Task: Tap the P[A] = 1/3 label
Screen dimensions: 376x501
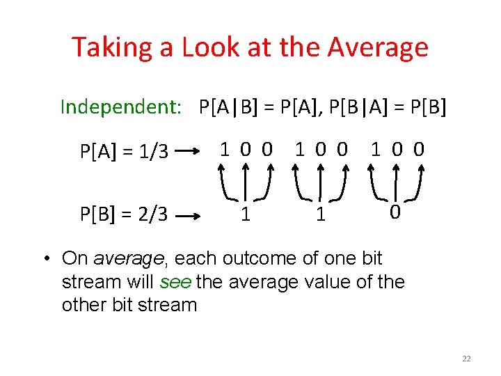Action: coord(125,150)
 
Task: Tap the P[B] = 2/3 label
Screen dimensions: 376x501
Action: coord(125,213)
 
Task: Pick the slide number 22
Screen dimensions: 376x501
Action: coord(466,359)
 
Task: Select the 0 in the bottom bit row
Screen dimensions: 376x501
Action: coord(394,212)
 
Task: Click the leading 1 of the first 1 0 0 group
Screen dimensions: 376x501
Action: coord(225,148)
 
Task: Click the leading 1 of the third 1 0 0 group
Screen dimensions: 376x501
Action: coord(376,148)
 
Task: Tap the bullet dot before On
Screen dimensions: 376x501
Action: coord(45,259)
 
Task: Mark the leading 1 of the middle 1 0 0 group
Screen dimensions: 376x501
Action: coord(300,148)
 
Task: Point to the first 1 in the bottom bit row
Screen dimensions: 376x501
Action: coord(245,214)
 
